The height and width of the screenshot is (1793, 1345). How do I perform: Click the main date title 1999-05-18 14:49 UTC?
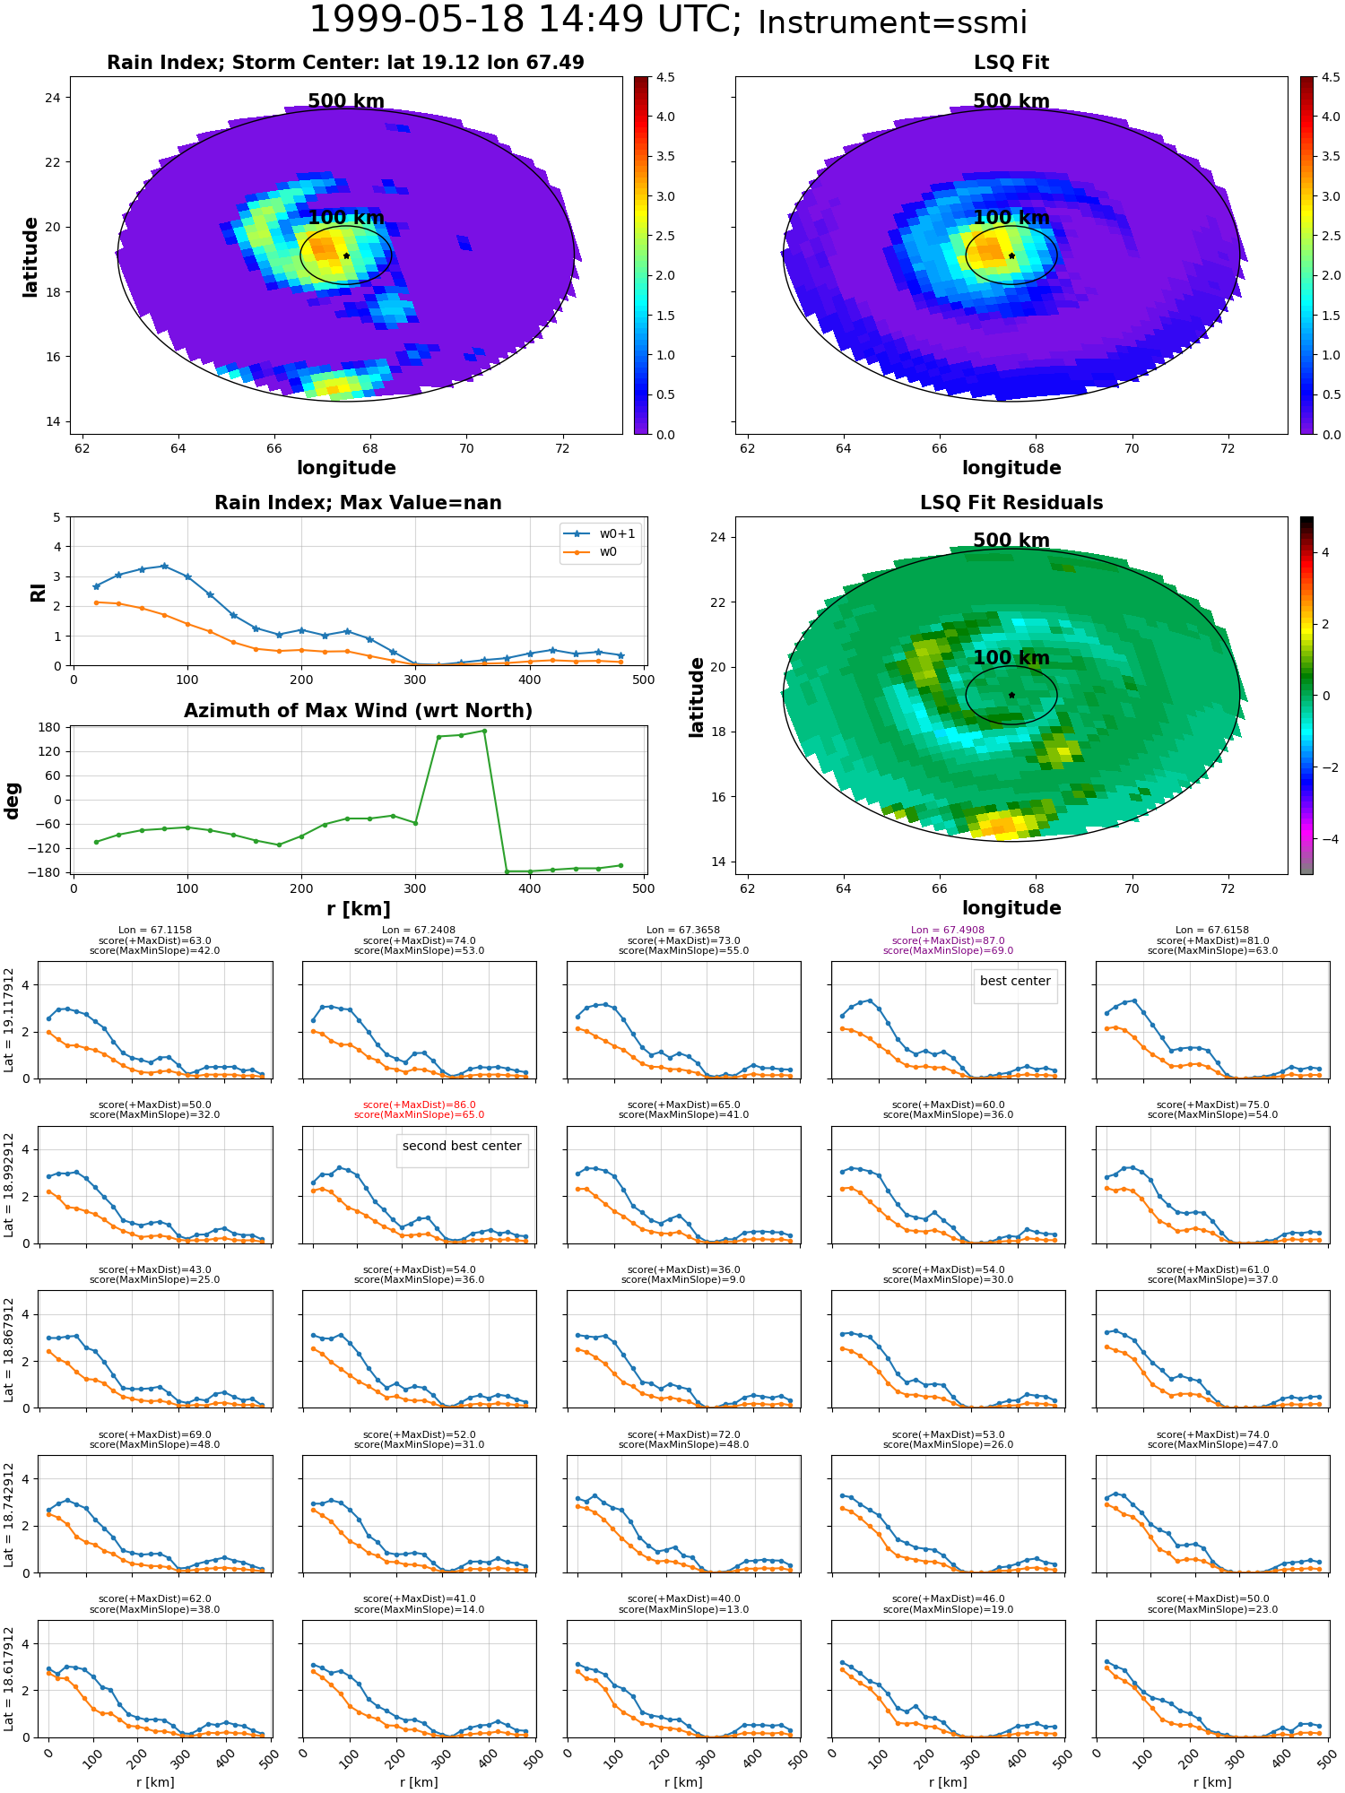coord(525,21)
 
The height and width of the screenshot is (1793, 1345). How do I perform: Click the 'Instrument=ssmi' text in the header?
coord(892,23)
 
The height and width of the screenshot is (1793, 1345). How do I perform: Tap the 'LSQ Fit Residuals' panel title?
coord(1011,503)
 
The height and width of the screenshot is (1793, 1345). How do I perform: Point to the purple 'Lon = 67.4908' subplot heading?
coord(948,931)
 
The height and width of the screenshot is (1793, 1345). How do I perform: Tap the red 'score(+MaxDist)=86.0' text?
coord(419,1105)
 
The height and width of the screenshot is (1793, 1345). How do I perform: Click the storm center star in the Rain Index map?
coord(346,256)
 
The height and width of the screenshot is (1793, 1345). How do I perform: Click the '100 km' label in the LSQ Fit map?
coord(1011,218)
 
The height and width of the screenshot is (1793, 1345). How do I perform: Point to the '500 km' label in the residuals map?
coord(1011,541)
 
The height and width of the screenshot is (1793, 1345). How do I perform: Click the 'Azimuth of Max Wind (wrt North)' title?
coord(358,711)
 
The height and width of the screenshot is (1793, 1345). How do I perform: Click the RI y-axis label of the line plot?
coord(39,592)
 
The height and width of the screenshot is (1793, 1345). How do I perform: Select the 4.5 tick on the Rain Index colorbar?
coord(665,77)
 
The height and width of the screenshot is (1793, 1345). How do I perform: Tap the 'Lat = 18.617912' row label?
coord(9,1679)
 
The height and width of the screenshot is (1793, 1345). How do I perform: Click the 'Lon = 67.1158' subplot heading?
coord(154,931)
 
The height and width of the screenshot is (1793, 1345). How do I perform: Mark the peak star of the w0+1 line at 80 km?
coord(164,566)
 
